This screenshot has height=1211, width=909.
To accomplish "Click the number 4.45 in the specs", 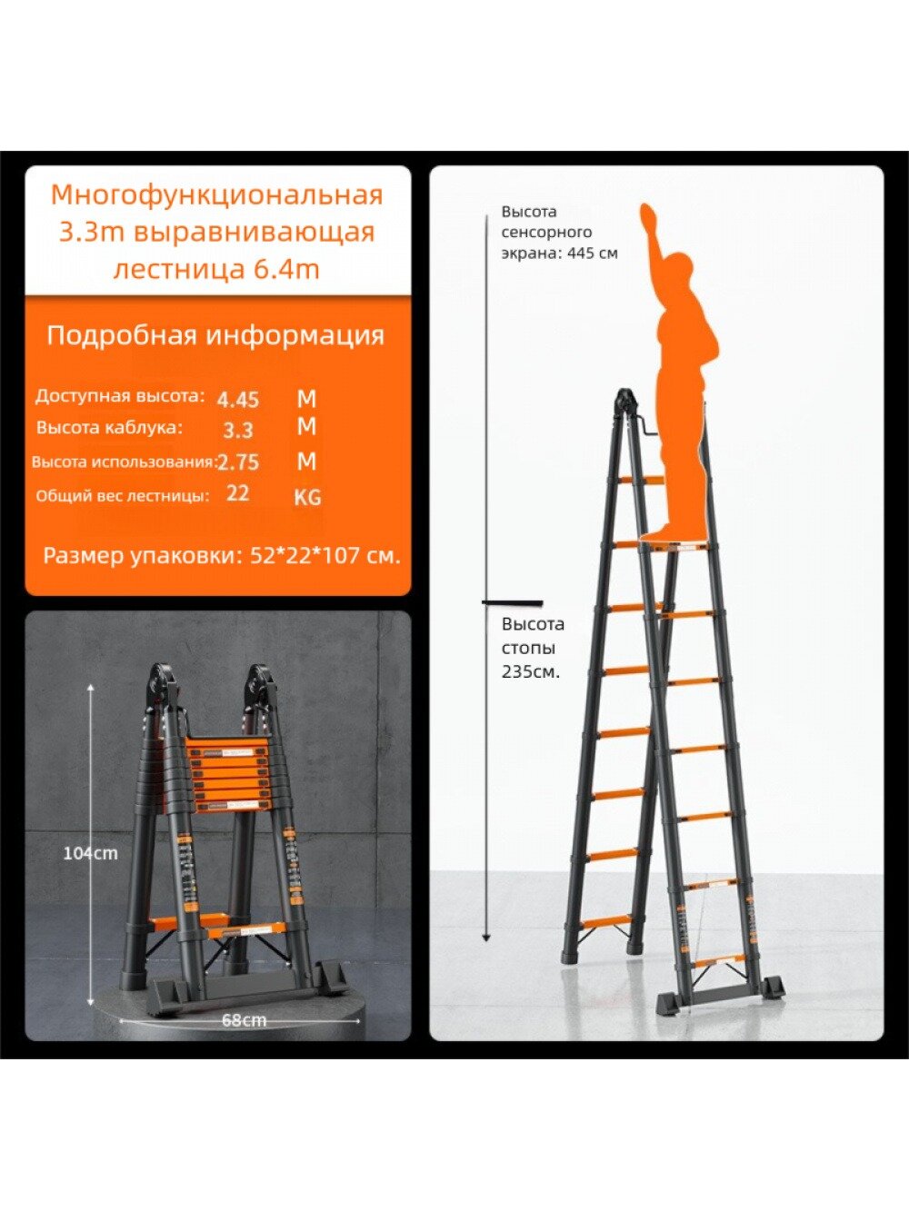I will pyautogui.click(x=238, y=399).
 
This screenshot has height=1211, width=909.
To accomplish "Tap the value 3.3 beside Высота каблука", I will pyautogui.click(x=238, y=430).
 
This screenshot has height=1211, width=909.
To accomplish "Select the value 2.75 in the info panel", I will pyautogui.click(x=238, y=462).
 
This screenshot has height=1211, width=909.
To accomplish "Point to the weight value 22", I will pyautogui.click(x=238, y=493).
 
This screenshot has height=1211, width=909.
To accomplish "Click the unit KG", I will pyautogui.click(x=307, y=497).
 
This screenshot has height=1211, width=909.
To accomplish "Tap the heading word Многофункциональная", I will pyautogui.click(x=216, y=194).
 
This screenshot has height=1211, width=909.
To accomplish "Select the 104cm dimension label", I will pyautogui.click(x=90, y=853).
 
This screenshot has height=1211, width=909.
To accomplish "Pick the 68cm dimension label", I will pyautogui.click(x=244, y=1019).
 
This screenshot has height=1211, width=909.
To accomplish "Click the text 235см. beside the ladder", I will pyautogui.click(x=530, y=672).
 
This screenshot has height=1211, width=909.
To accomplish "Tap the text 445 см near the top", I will pyautogui.click(x=593, y=253).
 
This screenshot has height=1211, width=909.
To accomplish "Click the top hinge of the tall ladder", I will pyautogui.click(x=626, y=400).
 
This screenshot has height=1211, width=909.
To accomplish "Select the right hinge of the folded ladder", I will pyautogui.click(x=260, y=682).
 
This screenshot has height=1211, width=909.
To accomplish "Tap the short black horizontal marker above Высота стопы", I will pyautogui.click(x=512, y=602).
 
